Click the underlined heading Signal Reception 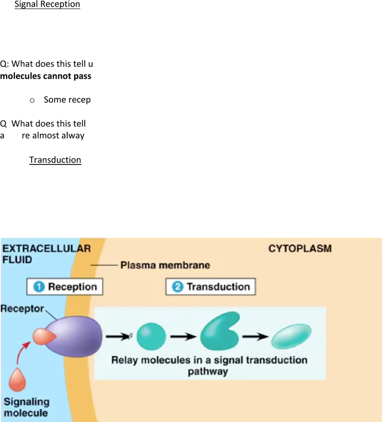click(47, 4)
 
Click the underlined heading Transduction click(55, 160)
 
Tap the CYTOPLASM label click(300, 248)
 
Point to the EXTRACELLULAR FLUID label click(46, 254)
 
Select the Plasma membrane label click(165, 265)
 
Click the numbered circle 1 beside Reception click(39, 287)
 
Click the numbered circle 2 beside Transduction click(177, 287)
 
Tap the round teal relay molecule click(151, 336)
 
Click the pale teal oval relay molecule click(291, 336)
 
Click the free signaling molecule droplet click(17, 380)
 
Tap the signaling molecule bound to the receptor click(44, 336)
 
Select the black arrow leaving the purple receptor click(118, 336)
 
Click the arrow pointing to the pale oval click(255, 336)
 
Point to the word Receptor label click(22, 309)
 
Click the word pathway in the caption click(208, 372)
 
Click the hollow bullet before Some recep click(32, 101)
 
